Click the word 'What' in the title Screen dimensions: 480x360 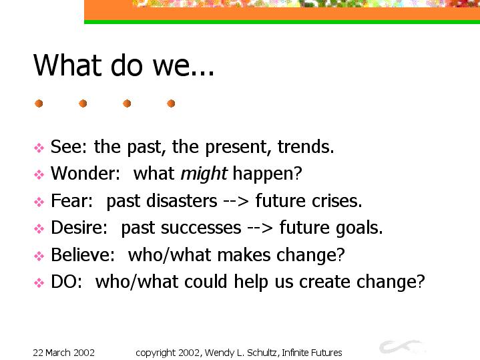pos(67,65)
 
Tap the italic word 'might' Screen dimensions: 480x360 pos(204,174)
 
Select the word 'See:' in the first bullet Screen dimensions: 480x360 pos(69,146)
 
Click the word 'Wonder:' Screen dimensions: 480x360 pos(85,174)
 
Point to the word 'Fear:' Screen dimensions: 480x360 pos(71,200)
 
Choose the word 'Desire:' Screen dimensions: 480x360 pos(79,228)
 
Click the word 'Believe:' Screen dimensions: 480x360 pos(83,254)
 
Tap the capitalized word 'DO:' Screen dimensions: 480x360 pos(67,282)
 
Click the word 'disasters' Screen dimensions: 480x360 pos(182,200)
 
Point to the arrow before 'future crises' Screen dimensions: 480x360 pos(236,202)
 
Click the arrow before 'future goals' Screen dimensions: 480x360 pos(260,228)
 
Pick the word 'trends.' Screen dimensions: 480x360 pos(306,146)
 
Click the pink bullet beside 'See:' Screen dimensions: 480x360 pos(39,148)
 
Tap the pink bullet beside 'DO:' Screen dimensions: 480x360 pos(39,283)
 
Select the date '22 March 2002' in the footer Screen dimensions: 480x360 pos(63,353)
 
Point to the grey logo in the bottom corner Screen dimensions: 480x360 pos(402,347)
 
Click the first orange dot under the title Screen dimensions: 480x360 pos(39,104)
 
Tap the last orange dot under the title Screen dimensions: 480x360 pos(171,104)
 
